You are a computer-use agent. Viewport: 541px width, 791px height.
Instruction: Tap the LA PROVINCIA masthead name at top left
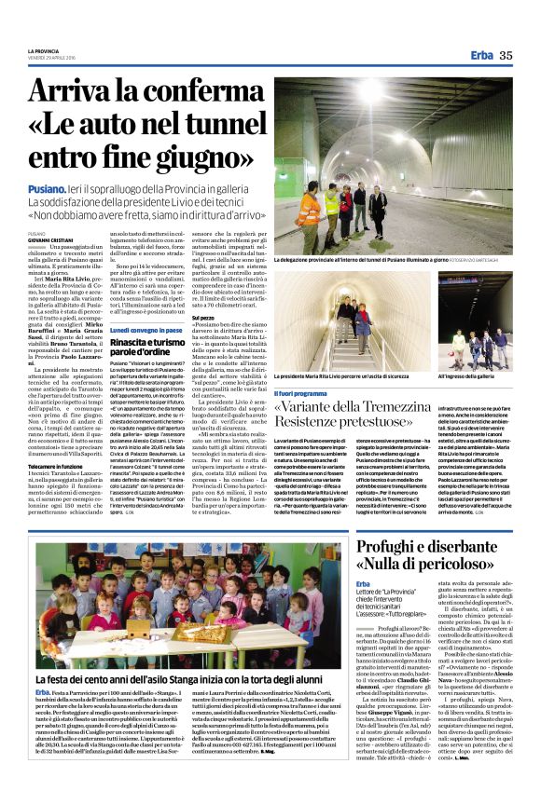(44, 50)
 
